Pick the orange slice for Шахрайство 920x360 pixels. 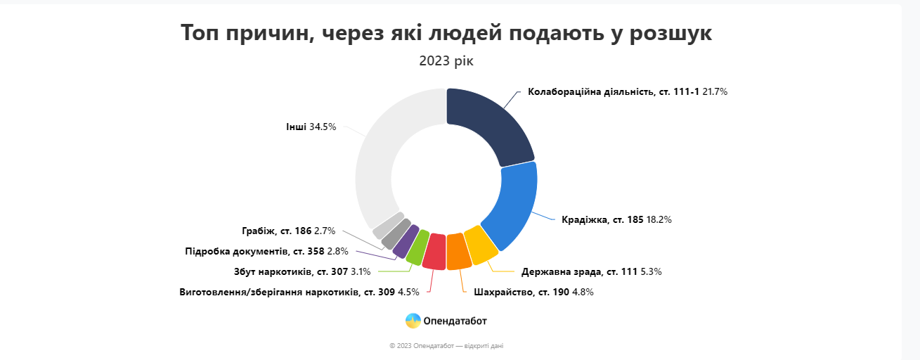coord(459,252)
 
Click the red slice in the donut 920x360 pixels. coord(435,252)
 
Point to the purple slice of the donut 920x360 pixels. coord(406,240)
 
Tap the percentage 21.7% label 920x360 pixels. coord(714,92)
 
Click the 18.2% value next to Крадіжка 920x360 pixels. coord(659,219)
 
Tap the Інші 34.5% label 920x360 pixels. coord(311,127)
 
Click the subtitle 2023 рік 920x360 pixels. coord(446,61)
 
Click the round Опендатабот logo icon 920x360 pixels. coord(413,321)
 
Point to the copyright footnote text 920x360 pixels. coord(446,346)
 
